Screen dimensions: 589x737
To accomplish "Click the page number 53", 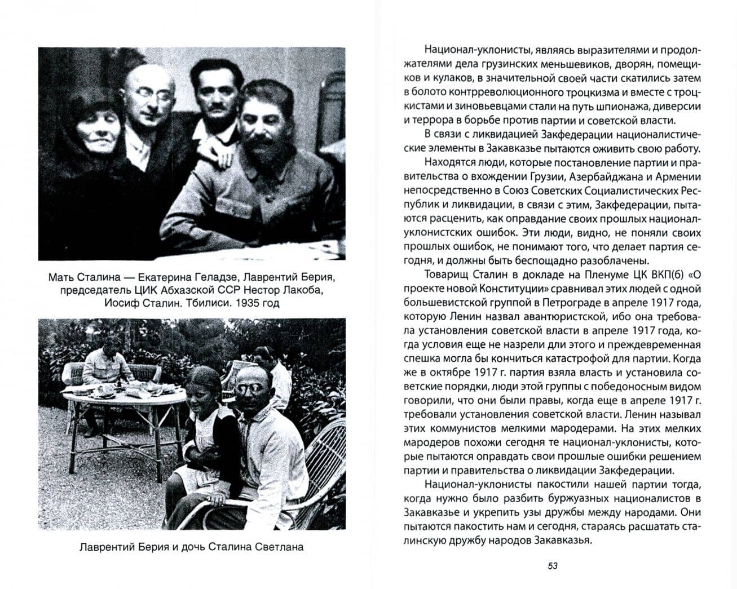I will pyautogui.click(x=552, y=566).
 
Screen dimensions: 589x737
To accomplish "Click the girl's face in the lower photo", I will pyautogui.click(x=201, y=389).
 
